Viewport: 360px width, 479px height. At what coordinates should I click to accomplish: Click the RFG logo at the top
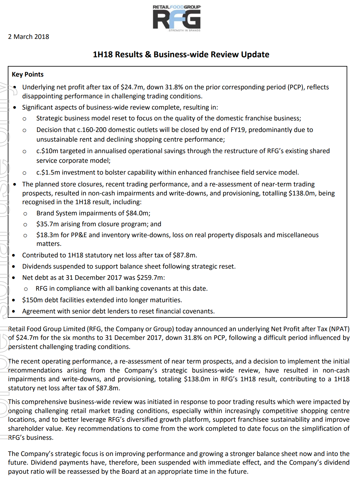(x=176, y=18)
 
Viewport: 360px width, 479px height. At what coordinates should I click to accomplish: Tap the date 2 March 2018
(x=29, y=37)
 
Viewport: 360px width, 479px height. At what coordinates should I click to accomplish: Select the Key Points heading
(x=28, y=74)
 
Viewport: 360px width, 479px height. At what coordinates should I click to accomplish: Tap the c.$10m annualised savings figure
(x=47, y=151)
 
